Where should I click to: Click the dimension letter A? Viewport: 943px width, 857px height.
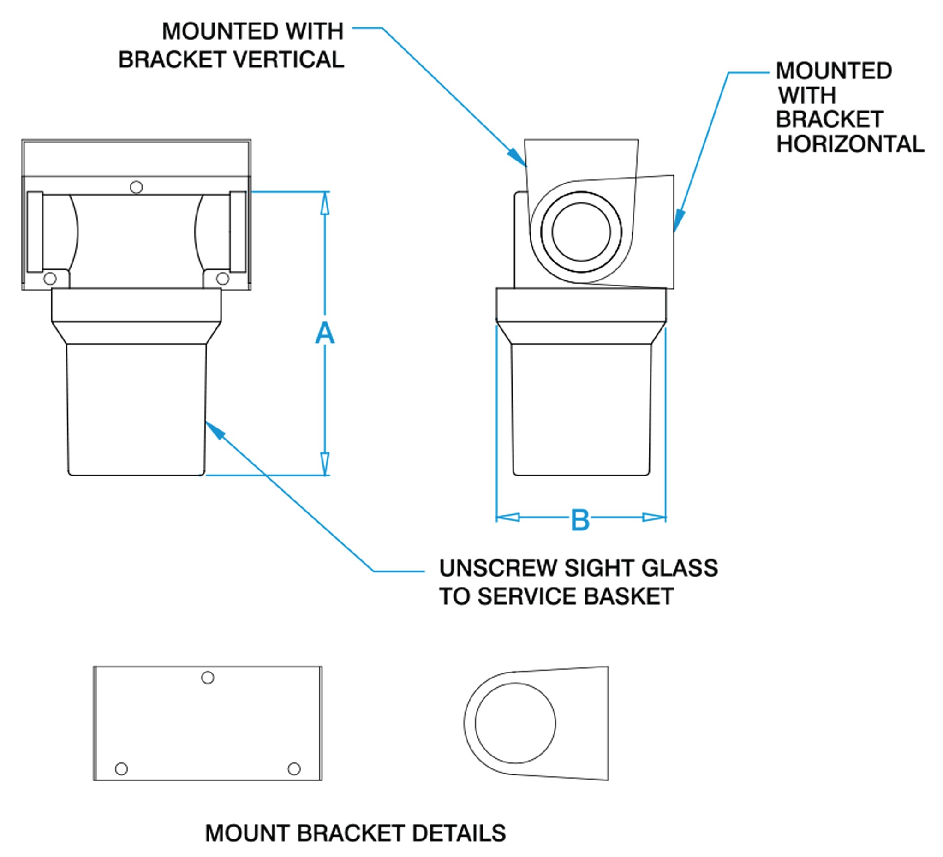(x=325, y=333)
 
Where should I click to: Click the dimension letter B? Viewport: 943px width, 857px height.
(x=580, y=519)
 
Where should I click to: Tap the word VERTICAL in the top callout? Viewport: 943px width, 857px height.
(x=289, y=60)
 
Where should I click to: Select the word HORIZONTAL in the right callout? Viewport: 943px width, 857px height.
(x=850, y=144)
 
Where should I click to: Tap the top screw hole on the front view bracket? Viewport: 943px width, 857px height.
(x=136, y=187)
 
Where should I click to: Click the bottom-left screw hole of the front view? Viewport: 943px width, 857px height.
(x=50, y=279)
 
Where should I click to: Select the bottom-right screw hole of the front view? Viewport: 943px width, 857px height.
(x=223, y=279)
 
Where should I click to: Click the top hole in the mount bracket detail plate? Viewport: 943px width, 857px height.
(x=208, y=678)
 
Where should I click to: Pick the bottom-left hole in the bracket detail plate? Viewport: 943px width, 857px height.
(x=121, y=769)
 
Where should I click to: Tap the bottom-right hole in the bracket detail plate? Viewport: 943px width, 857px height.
(x=294, y=769)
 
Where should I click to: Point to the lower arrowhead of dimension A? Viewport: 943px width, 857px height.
(x=325, y=464)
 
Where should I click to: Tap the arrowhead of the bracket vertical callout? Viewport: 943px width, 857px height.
(x=517, y=156)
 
